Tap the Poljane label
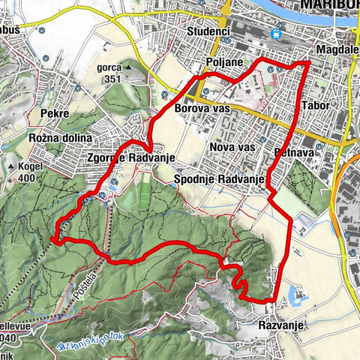pos(223,61)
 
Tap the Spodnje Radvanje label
pos(215,179)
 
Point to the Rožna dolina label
pos(59,139)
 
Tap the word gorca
pos(109,66)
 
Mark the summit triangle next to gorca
pos(128,67)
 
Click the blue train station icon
pos(277,34)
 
